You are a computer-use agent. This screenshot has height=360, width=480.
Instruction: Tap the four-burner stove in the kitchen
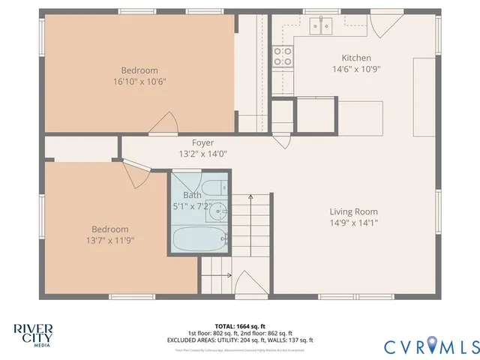pos(283,55)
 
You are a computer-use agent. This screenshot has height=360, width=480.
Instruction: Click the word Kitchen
pos(356,58)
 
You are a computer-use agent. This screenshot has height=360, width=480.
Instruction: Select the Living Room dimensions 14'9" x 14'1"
pos(353,223)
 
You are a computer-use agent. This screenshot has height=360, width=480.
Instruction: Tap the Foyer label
pos(202,142)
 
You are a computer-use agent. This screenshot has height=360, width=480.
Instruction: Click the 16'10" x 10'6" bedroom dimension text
pos(139,81)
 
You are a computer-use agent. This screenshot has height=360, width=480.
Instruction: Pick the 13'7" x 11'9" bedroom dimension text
pos(109,241)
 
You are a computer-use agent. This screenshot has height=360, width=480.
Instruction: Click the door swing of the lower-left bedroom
pos(133,174)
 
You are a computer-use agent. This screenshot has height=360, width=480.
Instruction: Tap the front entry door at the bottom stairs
pos(247,285)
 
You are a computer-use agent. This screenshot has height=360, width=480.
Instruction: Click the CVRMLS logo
pos(431,346)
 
